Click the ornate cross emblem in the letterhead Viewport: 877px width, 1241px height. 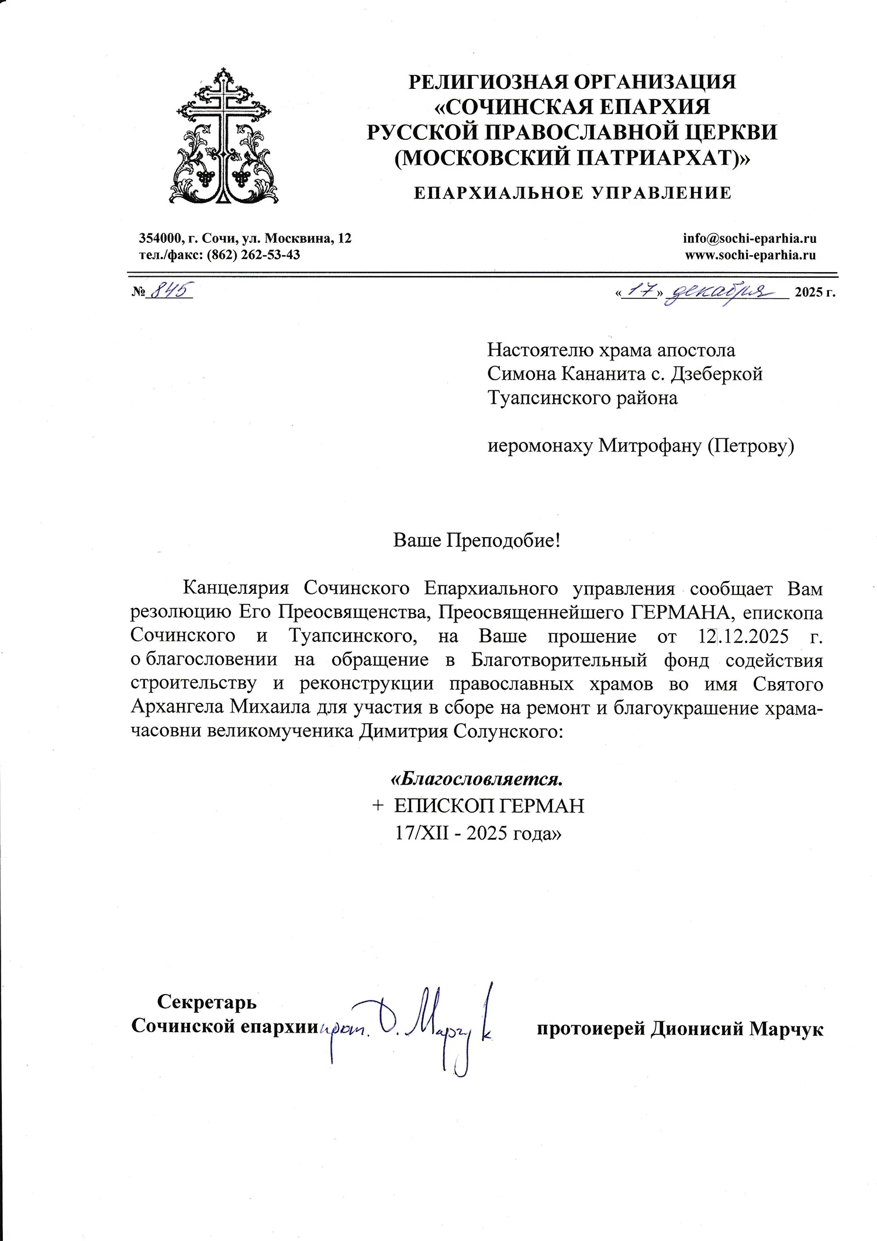[224, 137]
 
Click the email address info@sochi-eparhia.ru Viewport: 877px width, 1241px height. [749, 238]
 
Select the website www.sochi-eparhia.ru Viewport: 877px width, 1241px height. [750, 255]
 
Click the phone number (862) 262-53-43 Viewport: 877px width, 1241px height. [253, 255]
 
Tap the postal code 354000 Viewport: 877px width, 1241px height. [160, 238]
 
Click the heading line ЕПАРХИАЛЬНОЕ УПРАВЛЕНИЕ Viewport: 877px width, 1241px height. [572, 193]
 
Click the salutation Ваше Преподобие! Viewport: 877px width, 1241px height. [477, 539]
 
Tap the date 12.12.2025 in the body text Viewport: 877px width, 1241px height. [744, 635]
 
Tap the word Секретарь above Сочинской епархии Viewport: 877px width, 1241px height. [206, 1002]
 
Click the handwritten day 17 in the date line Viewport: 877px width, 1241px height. [641, 290]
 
